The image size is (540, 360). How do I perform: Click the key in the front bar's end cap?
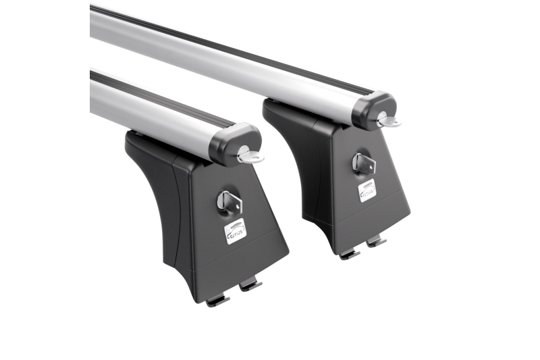point(250,157)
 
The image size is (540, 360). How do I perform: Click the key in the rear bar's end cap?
point(388,121)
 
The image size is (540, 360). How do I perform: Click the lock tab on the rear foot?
point(362,163)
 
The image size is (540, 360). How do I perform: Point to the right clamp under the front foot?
point(250,285)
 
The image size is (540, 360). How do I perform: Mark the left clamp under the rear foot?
point(350,254)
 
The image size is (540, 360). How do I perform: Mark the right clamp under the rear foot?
point(376,240)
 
